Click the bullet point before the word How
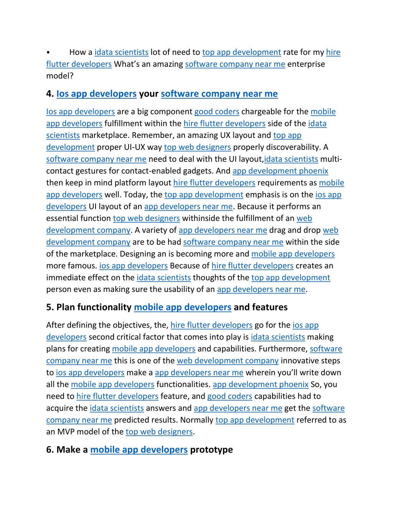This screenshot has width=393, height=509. click(48, 53)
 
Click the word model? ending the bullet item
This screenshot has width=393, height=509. click(59, 76)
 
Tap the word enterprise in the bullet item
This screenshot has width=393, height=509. click(306, 64)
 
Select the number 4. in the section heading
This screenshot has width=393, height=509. click(50, 94)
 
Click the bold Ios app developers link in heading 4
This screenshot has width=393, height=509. click(96, 94)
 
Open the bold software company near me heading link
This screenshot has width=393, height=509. click(219, 94)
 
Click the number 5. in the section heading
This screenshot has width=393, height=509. click(50, 307)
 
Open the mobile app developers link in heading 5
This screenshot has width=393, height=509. click(182, 307)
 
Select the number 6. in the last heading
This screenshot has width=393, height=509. click(50, 450)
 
